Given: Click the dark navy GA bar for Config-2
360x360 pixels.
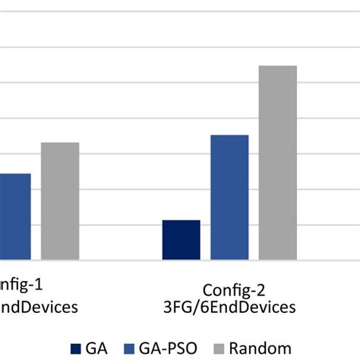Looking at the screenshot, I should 181,240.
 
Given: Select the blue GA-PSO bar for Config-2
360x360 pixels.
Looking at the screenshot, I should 229,197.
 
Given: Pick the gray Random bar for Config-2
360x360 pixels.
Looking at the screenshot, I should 277,163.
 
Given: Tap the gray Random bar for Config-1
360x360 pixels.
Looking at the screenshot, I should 60,201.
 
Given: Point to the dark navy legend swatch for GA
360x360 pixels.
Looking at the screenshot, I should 77,349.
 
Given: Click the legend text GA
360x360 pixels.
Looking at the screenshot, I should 97,349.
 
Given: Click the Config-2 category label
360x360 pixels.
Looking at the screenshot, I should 234,289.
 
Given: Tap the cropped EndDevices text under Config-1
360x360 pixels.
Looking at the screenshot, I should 38,308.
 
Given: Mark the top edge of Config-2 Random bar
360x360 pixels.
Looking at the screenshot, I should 277,66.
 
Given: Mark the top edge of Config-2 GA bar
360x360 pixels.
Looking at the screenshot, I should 181,221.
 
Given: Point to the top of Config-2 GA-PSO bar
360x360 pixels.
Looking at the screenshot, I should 229,135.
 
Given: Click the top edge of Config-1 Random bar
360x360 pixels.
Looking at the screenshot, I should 60,143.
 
